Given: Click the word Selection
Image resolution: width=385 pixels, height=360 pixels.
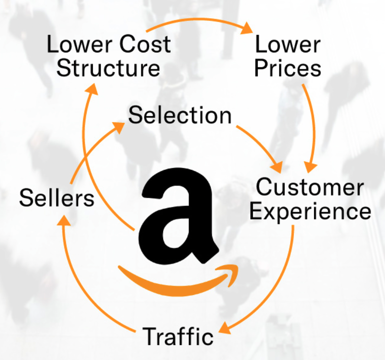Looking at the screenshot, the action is point(180,116).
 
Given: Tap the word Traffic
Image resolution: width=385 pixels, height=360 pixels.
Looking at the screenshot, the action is point(178,336).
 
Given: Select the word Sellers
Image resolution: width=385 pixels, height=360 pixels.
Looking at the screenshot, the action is point(57,198).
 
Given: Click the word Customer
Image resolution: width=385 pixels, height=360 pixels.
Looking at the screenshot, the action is point(310,188).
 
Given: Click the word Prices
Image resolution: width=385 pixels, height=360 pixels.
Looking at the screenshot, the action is point(288,68).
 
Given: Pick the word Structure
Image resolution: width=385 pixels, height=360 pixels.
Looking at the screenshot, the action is point(108,68).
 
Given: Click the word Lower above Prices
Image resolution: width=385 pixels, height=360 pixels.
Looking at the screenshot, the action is point(288,45).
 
